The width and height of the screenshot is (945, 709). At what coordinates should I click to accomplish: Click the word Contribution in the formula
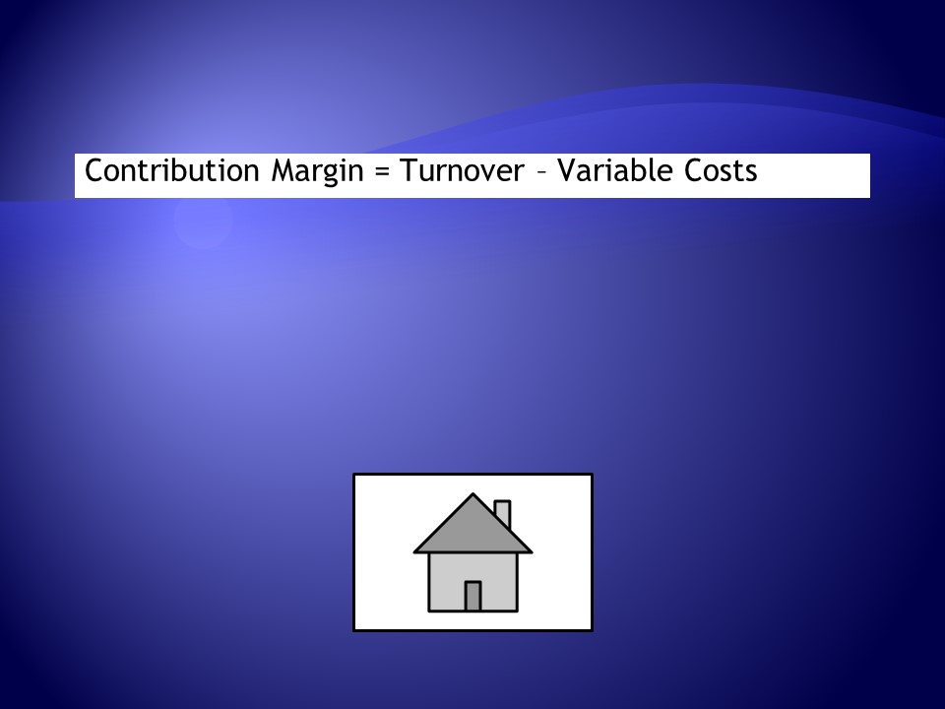pos(171,170)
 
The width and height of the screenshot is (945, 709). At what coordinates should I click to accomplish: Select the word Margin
pos(318,171)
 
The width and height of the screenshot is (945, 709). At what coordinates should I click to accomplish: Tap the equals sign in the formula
pos(382,171)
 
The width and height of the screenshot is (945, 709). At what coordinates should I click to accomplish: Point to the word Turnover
pos(463,170)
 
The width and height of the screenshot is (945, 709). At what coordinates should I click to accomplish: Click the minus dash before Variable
pos(540,173)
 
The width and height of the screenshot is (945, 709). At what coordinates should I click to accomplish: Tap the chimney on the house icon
pos(503,514)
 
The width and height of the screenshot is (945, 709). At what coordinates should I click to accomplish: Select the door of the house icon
pos(472,597)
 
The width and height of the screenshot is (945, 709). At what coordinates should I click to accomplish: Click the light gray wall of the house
pos(446,582)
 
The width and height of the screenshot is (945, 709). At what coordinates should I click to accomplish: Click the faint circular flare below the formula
pos(203,220)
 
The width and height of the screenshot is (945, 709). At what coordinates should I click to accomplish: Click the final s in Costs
pos(751,173)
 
